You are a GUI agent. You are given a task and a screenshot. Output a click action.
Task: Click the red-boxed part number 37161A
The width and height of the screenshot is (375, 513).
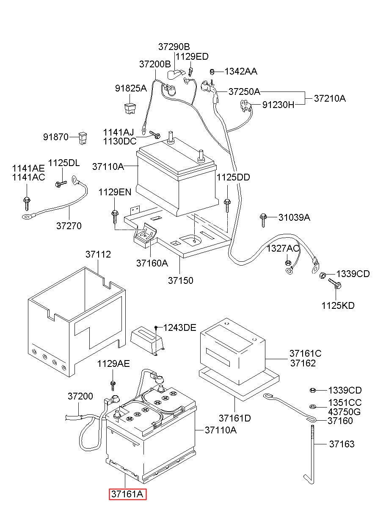127,500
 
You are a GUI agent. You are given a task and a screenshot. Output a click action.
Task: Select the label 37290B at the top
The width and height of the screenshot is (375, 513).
174,47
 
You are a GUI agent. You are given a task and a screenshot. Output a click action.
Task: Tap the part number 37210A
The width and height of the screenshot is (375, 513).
330,98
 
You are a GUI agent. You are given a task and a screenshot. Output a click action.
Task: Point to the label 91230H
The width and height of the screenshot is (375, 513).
278,105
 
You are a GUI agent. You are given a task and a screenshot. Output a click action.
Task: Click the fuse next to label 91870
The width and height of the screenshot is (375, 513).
83,138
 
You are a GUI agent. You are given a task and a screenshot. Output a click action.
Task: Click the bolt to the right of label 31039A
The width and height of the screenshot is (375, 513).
263,220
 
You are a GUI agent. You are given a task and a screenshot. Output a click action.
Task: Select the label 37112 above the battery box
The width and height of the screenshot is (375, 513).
98,254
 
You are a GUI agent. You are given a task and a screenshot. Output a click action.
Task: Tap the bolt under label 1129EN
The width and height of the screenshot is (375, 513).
115,217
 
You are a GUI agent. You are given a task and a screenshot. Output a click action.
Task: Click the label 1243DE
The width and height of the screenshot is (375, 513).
179,328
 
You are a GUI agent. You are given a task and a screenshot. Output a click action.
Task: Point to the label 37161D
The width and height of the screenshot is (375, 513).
235,418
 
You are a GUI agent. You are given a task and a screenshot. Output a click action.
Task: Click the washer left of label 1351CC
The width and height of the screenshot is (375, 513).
312,407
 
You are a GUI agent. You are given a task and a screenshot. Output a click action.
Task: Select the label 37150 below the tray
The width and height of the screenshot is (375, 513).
181,280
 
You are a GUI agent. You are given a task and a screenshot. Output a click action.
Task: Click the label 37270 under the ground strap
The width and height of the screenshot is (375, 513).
69,226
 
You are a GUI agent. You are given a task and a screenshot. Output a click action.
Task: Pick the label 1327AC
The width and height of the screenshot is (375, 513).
283,248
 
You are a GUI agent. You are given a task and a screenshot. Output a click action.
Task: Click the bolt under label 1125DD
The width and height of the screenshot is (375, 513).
227,205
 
